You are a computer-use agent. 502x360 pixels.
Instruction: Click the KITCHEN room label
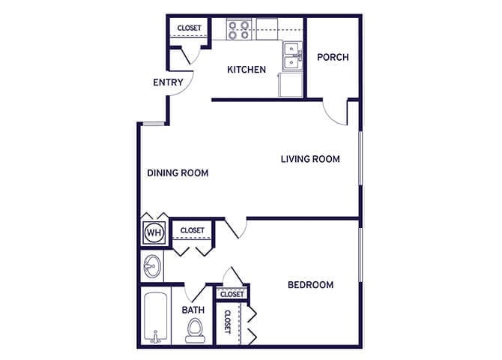point(247,70)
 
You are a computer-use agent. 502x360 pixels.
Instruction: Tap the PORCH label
point(333,57)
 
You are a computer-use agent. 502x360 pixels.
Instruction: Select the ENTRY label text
point(168,82)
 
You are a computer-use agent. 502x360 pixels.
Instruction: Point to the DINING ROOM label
point(178,173)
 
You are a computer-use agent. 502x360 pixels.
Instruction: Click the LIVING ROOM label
point(310,159)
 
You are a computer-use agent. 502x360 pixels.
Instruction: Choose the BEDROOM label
point(310,285)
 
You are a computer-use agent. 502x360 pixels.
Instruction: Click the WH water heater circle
point(154,232)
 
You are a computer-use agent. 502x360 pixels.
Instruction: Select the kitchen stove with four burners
point(240,29)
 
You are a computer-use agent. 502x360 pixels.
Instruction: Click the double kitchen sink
point(291,53)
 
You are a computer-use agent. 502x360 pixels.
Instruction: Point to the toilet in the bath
point(196,329)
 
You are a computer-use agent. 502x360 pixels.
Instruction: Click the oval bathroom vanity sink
point(153,265)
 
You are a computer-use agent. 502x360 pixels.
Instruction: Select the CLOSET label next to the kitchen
point(189,28)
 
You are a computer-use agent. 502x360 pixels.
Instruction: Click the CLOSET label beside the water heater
point(193,230)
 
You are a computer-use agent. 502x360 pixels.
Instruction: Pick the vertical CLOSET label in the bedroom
point(227,321)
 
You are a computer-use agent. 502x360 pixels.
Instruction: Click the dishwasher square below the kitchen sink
point(290,85)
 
